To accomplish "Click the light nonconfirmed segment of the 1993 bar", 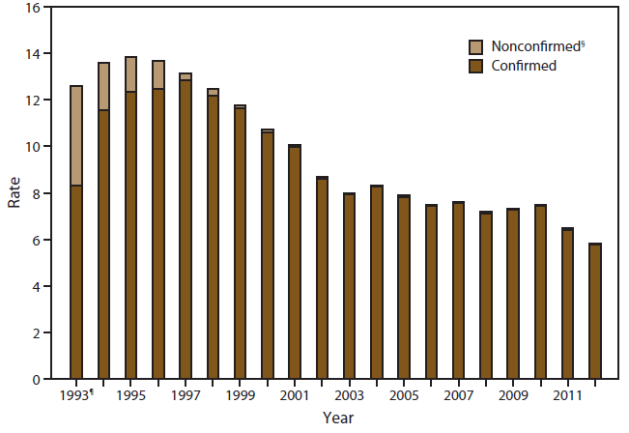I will [75, 135].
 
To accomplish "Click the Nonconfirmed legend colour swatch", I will [475, 46].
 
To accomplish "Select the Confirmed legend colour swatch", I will [475, 66].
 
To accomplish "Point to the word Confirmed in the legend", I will [523, 66].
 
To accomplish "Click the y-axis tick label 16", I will [30, 8].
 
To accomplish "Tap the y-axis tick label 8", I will [34, 193].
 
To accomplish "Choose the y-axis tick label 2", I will [34, 333].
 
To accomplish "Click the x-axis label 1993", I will [75, 395].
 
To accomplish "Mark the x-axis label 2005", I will [404, 395].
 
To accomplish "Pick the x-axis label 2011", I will [567, 395].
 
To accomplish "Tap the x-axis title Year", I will [337, 419].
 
